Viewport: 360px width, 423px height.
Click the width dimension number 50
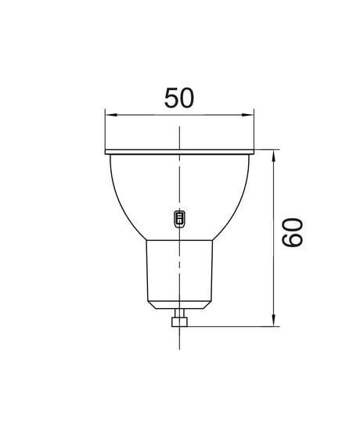coord(180,97)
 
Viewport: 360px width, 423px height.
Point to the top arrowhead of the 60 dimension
coord(273,156)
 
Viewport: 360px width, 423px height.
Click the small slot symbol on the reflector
coord(178,218)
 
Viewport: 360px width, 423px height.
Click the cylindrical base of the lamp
coord(181,270)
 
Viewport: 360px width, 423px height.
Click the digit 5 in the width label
coord(171,97)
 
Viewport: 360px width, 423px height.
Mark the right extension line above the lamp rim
coord(257,129)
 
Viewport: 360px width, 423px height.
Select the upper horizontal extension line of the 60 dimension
coord(266,149)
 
